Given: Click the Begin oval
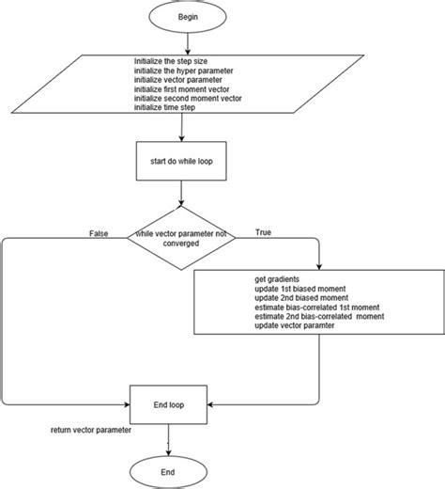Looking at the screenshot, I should (189, 18).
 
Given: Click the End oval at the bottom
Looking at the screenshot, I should (169, 470).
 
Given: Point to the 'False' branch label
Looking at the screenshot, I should (98, 230).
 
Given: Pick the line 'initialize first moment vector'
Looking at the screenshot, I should (180, 90).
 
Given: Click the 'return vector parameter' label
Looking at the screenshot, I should (90, 430).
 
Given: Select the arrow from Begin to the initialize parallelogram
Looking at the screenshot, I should (189, 43).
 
